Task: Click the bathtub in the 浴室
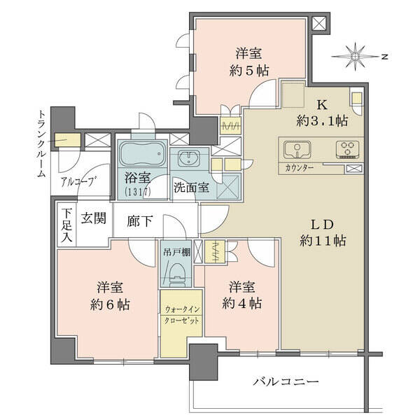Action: coord(141,154)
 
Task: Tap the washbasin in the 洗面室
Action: coord(190,158)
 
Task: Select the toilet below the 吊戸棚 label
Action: coord(178,274)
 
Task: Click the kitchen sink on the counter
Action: coord(297,150)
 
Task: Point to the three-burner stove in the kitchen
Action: coord(348,150)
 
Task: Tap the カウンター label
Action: coord(299,168)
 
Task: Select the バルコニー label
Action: coord(286,381)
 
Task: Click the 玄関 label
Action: coord(94,218)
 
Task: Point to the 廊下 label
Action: coord(139,221)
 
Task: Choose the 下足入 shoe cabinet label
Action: coord(66,225)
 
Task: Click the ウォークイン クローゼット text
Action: coord(182,315)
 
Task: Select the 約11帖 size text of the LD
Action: coord(323,241)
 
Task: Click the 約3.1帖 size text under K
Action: coord(323,121)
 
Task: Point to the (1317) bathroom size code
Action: coord(138,191)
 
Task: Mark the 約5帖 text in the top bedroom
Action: coord(249,71)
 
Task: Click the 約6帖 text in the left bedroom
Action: coord(110,304)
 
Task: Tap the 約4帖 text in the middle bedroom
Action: coord(242,304)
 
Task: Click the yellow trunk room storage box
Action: coord(68,140)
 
